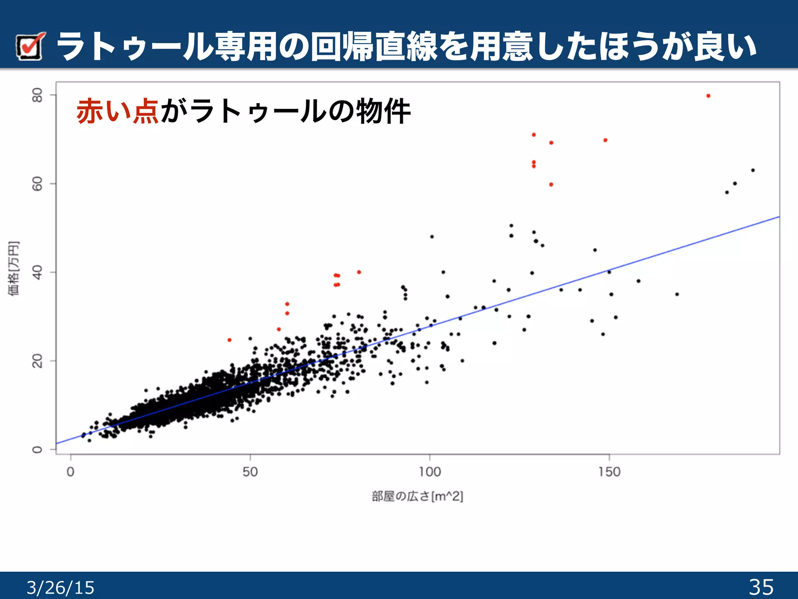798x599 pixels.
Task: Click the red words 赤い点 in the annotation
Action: click(117, 111)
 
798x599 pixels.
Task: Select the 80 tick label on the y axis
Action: click(37, 95)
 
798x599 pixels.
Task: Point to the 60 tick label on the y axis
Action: click(37, 183)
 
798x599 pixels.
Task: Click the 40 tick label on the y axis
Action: click(37, 272)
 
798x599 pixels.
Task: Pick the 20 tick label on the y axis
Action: click(37, 361)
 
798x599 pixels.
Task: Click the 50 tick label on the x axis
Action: click(250, 472)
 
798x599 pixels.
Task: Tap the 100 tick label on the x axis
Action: click(429, 472)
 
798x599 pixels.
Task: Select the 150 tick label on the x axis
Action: click(609, 472)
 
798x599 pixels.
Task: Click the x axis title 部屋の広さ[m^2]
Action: click(417, 496)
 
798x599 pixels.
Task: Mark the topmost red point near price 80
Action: click(708, 96)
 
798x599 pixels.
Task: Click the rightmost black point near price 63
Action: click(753, 170)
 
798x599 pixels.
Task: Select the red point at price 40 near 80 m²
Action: click(359, 272)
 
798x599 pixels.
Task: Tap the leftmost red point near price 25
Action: click(229, 340)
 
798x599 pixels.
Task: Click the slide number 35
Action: click(761, 587)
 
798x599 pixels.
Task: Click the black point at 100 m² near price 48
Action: click(432, 237)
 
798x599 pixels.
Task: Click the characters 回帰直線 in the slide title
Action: click(374, 47)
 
